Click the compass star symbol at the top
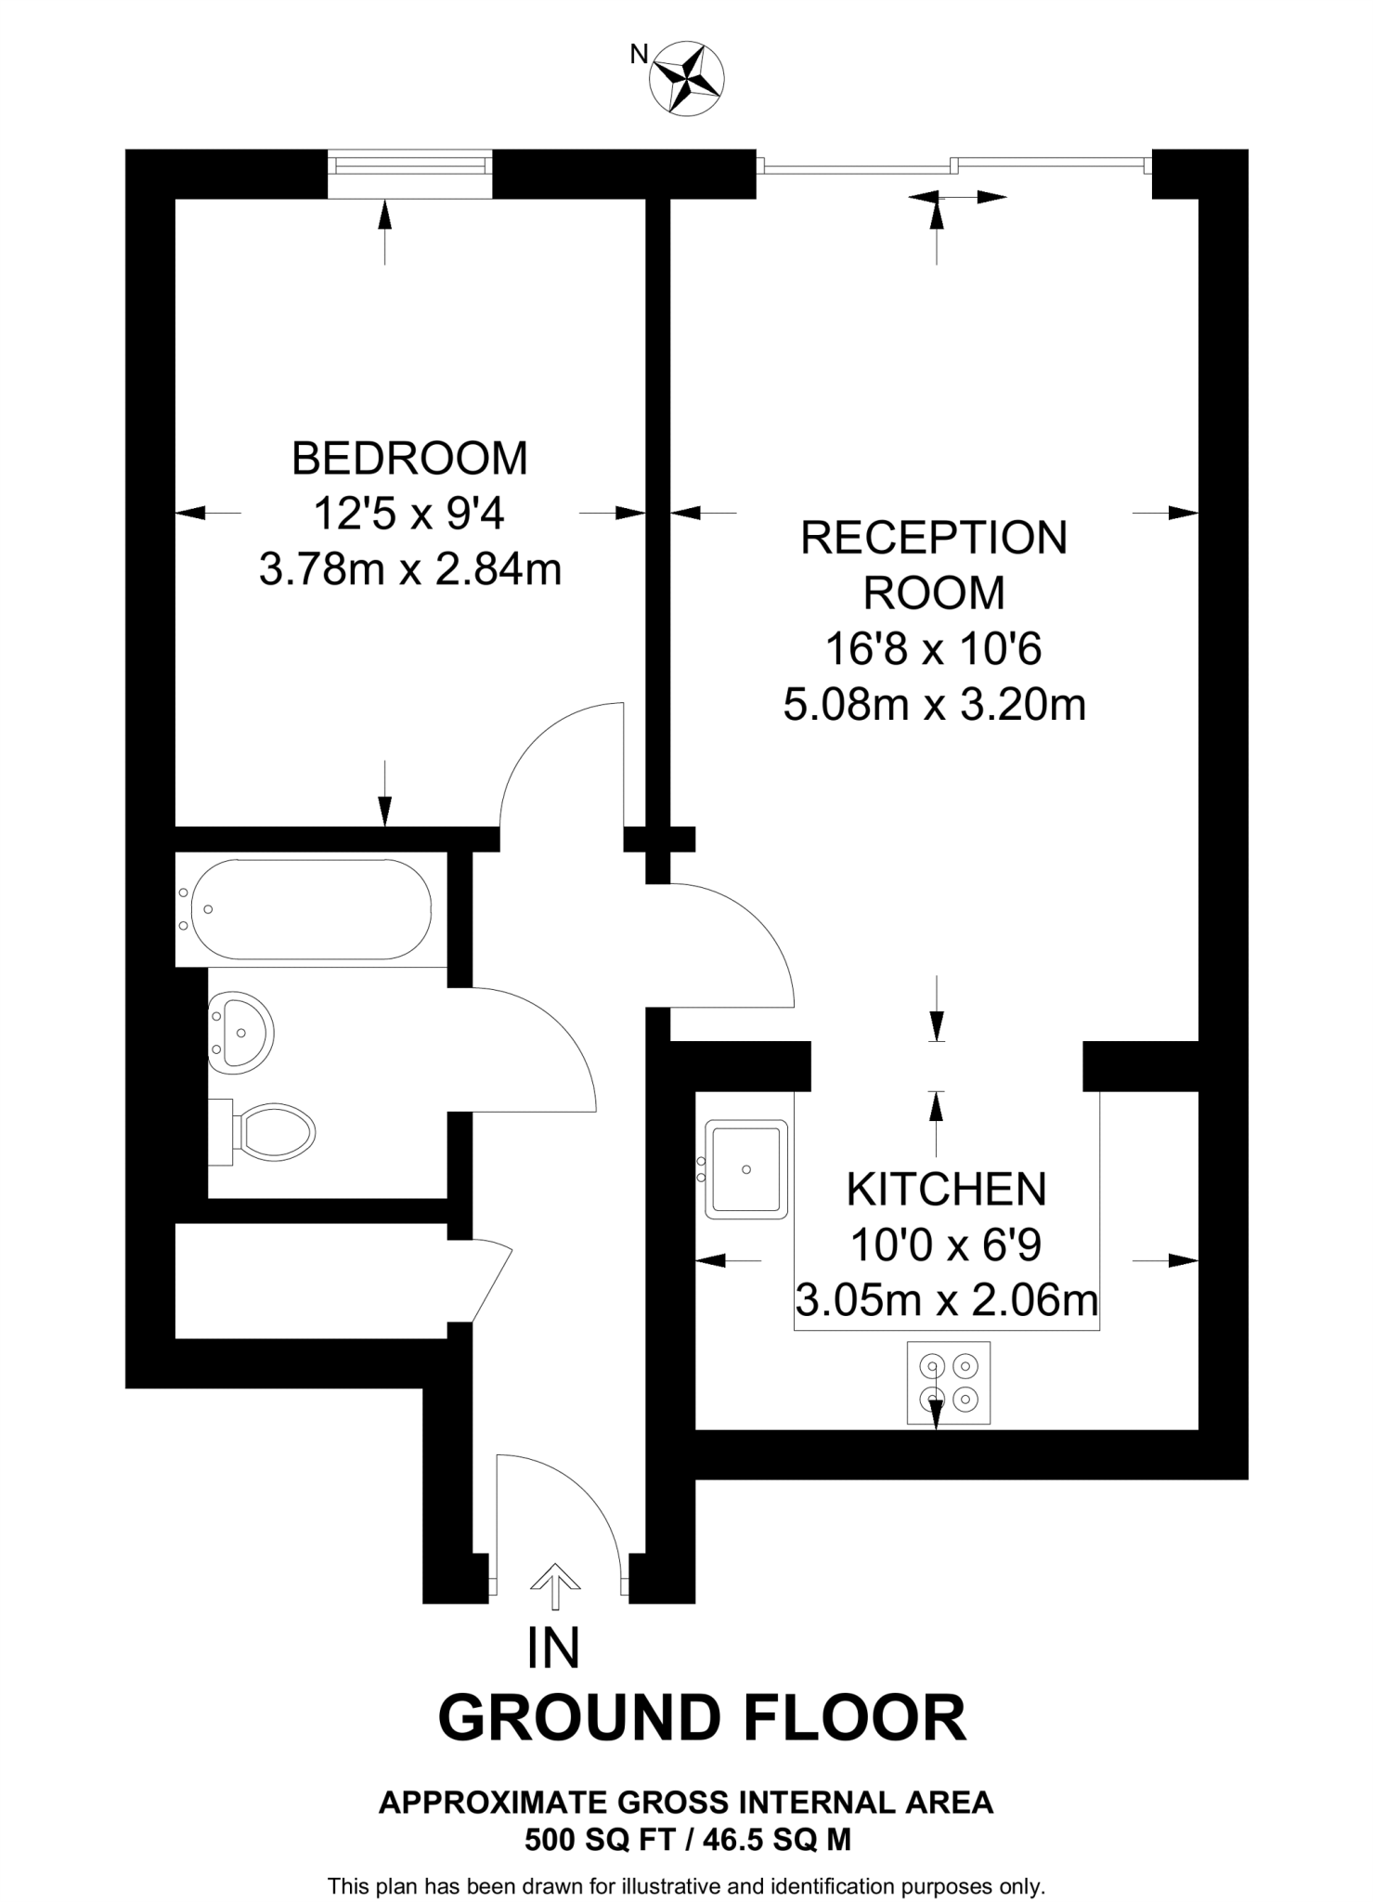(687, 80)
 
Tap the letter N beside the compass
(639, 55)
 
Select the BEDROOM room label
(409, 458)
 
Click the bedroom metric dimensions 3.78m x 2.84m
(409, 569)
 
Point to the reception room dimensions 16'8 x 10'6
(934, 649)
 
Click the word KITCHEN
(946, 1190)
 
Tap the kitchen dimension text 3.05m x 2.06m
(946, 1300)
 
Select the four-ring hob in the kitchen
(948, 1382)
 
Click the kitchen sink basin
(746, 1169)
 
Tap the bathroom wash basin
(241, 1033)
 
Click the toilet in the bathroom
(273, 1131)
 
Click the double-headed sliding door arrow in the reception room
(957, 197)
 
